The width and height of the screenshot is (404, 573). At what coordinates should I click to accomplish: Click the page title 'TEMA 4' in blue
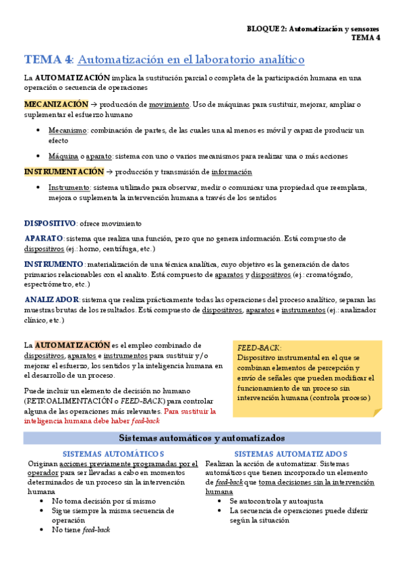pos(48,59)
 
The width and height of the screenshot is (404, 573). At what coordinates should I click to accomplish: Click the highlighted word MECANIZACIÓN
pos(56,105)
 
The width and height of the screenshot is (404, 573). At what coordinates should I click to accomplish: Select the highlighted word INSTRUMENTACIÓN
pos(64,172)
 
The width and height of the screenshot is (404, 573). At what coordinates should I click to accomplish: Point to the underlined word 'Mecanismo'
pos(67,130)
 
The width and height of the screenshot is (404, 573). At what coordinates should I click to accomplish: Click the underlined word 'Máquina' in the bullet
pos(63,156)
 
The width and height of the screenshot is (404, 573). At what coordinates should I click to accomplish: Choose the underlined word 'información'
pos(231,172)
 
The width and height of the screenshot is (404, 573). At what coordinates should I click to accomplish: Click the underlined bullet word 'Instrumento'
pos(69,188)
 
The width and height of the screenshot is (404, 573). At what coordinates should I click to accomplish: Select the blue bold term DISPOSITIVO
pos(50,223)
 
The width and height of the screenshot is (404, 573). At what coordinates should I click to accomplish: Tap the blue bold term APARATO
pos(44,239)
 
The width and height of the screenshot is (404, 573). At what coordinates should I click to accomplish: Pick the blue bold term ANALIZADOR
pos(51,299)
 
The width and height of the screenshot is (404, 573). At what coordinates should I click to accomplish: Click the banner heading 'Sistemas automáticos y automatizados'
pos(202,438)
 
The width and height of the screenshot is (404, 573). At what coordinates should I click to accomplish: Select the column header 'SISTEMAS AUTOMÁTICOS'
pos(113,454)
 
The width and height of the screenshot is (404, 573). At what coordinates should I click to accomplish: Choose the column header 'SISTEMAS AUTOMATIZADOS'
pos(291,454)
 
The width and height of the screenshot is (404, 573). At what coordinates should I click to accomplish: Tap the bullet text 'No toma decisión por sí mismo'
pos(103,501)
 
